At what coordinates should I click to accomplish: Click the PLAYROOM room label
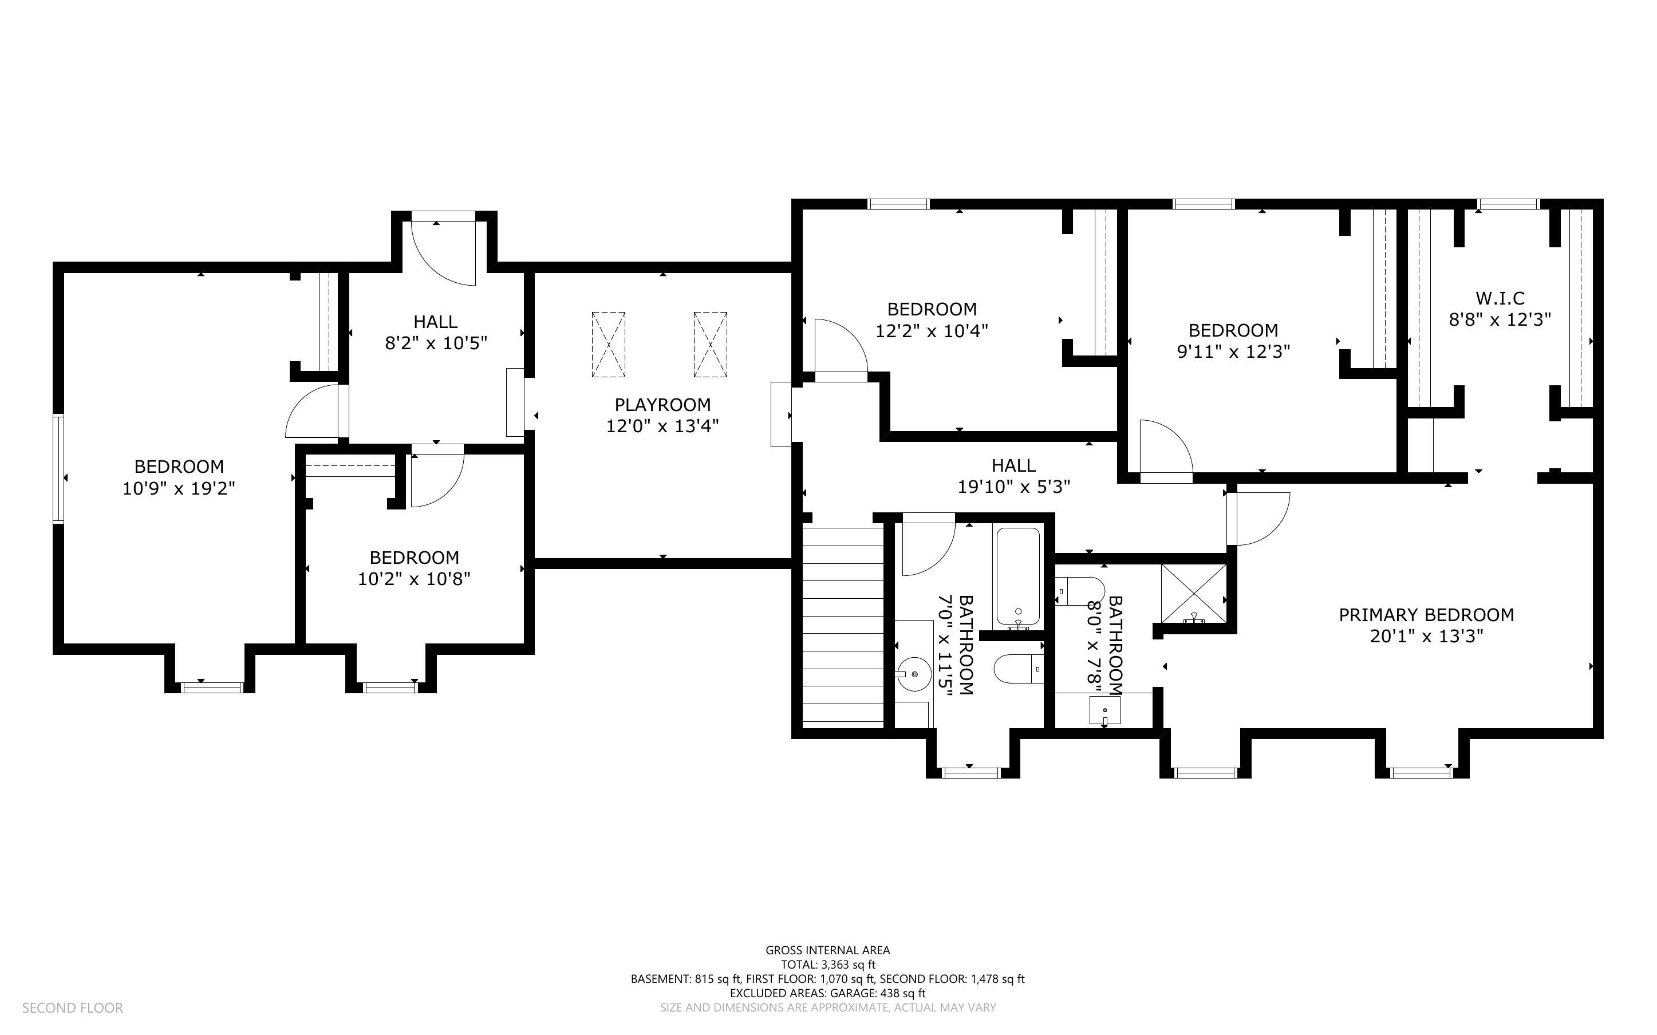[x=662, y=405]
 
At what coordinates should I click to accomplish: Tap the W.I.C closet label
[x=1500, y=298]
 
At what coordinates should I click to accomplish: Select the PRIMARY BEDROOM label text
[x=1426, y=615]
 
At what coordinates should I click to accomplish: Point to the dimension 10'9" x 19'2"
[x=179, y=488]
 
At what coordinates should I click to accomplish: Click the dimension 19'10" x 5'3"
[x=1013, y=487]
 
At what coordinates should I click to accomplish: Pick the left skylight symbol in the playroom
[x=607, y=344]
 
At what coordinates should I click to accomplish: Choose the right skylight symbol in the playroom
[x=710, y=344]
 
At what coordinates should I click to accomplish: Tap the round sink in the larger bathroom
[x=914, y=674]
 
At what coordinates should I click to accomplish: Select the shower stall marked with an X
[x=1194, y=594]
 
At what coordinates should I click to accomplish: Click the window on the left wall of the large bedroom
[x=59, y=469]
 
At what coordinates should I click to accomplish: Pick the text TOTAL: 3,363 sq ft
[x=827, y=965]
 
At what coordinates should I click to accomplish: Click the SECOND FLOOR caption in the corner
[x=73, y=1008]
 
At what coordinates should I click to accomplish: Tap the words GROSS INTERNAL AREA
[x=827, y=950]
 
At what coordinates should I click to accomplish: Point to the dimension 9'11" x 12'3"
[x=1233, y=352]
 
